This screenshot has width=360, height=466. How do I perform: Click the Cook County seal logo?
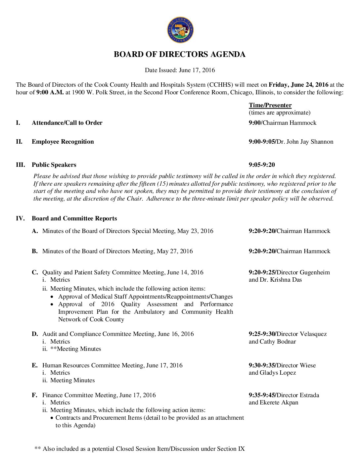180,30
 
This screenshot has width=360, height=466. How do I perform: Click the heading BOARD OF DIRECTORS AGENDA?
180,54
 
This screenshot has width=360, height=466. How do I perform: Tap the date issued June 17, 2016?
197,70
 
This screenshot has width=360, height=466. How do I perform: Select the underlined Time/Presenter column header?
270,105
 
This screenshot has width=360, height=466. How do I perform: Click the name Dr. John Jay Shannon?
305,142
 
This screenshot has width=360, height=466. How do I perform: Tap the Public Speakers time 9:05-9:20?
262,165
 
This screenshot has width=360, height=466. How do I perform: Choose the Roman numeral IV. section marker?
20,218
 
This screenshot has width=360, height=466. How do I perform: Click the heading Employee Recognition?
63,142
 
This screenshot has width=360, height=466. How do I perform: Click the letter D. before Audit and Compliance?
35,334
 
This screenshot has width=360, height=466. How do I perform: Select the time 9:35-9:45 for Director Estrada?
262,395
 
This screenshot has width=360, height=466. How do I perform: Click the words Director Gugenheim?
303,272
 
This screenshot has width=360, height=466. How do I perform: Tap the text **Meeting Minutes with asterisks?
76,349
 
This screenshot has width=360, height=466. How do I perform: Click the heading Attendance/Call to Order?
67,123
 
